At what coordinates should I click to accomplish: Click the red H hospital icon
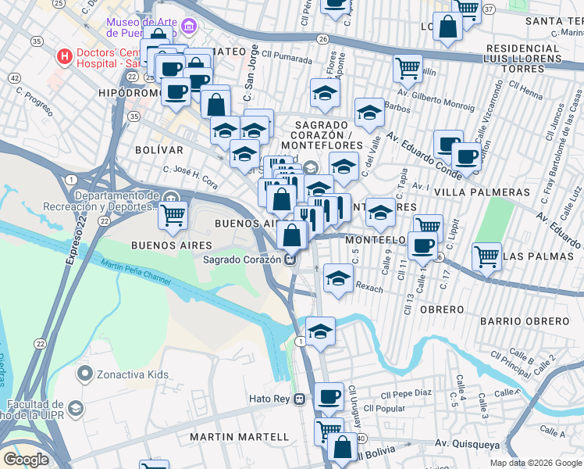[63, 56]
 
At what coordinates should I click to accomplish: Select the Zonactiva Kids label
[132, 374]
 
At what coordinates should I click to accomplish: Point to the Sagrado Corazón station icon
[290, 260]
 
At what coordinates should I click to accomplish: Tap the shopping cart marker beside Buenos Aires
[173, 214]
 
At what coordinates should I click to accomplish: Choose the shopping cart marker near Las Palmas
[486, 256]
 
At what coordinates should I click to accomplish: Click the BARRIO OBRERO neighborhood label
[525, 321]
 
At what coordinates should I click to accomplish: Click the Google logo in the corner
[26, 460]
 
